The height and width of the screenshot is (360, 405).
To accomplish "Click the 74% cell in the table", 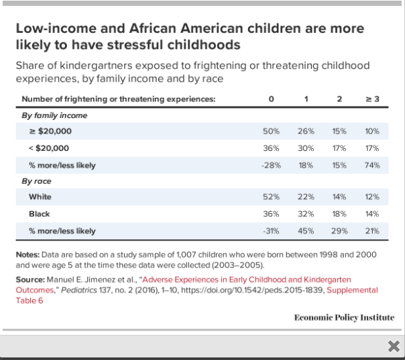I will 373,165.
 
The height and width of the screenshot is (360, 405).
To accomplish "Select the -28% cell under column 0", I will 271,165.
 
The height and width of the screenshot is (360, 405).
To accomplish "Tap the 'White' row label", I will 40,197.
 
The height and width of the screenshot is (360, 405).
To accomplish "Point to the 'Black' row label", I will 40,214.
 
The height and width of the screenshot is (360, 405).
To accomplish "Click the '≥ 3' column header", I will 373,99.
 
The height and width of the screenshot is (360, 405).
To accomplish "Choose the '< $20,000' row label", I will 49,148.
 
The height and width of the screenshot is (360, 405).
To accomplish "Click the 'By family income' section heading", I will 54,115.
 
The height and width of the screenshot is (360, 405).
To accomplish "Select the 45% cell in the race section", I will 306,231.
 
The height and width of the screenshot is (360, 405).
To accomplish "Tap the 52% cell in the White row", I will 271,197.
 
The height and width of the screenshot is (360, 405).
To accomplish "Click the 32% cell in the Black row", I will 306,214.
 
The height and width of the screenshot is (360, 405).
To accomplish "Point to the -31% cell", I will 271,231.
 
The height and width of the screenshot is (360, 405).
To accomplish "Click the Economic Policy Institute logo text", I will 344,316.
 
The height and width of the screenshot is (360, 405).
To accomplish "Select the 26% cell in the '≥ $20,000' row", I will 306,131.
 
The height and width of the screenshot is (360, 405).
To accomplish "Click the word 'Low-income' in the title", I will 49,29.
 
